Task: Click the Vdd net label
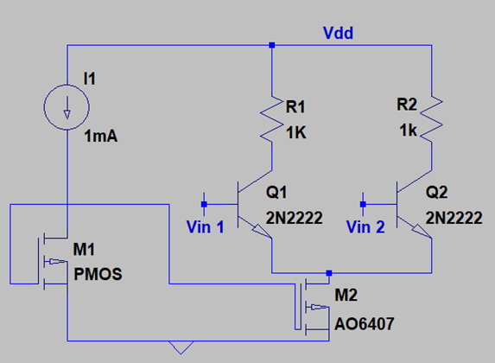click(338, 33)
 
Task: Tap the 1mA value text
click(101, 137)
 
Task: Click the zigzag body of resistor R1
click(271, 119)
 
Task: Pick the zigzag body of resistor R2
click(432, 119)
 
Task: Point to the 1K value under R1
click(296, 132)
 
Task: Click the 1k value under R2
click(408, 131)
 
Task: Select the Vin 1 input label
click(206, 226)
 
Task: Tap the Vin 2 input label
click(365, 226)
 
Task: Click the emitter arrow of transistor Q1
click(262, 232)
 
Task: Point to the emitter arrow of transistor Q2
click(422, 232)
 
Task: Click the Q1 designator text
click(276, 192)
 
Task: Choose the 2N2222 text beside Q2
click(454, 218)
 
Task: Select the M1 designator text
click(84, 249)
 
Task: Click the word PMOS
click(98, 274)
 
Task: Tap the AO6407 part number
click(365, 324)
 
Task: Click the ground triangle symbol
click(181, 347)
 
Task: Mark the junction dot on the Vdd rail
click(272, 45)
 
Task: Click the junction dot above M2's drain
click(329, 272)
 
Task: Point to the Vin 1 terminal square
click(204, 205)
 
